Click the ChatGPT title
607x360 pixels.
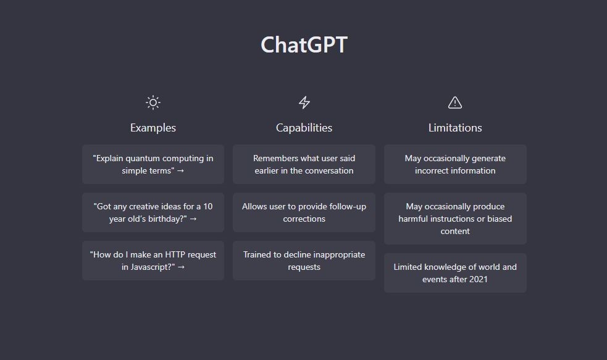[x=304, y=45]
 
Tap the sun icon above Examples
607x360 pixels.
[x=153, y=103]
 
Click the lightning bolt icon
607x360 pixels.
[x=304, y=103]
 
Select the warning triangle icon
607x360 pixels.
[x=455, y=103]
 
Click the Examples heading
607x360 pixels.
[x=153, y=128]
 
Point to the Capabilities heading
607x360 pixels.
[x=304, y=128]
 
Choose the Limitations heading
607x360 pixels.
[x=455, y=128]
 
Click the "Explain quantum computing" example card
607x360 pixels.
[x=153, y=164]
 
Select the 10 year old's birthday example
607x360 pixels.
[x=153, y=212]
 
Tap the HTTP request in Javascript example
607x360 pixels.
[x=153, y=261]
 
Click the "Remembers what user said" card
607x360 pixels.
[x=304, y=164]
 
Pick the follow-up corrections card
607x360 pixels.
[x=304, y=212]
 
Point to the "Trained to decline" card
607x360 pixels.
[x=304, y=261]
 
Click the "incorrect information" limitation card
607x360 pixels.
[x=455, y=164]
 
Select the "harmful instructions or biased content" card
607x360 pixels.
[x=455, y=219]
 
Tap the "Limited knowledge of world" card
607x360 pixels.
[x=455, y=273]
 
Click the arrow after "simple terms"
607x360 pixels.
[x=180, y=170]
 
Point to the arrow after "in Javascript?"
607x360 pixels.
[x=181, y=267]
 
